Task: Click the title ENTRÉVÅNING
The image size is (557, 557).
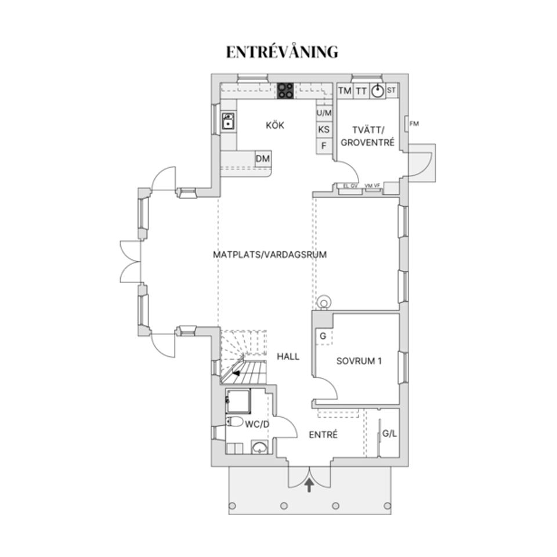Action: coord(282,52)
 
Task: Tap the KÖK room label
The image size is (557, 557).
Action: coord(275,125)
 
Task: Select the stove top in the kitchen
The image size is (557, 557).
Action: coord(285,90)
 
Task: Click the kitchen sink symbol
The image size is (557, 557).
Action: coord(228,121)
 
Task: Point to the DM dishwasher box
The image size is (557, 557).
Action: coord(263,158)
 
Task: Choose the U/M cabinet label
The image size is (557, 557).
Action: coord(324,113)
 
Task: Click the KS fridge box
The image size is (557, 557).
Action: coord(324,129)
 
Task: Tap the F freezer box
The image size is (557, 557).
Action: coord(324,146)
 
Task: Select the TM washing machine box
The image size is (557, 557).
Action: coord(345,91)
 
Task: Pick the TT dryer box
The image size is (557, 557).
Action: coord(361,91)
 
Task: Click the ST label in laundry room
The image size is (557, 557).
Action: coord(392,90)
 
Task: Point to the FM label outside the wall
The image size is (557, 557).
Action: coord(414,124)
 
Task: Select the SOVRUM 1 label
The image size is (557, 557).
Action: coord(359,360)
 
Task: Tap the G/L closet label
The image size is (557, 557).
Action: coord(390,433)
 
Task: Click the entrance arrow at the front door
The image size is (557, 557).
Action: coord(309,484)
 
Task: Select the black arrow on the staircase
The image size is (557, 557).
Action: coord(237,374)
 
